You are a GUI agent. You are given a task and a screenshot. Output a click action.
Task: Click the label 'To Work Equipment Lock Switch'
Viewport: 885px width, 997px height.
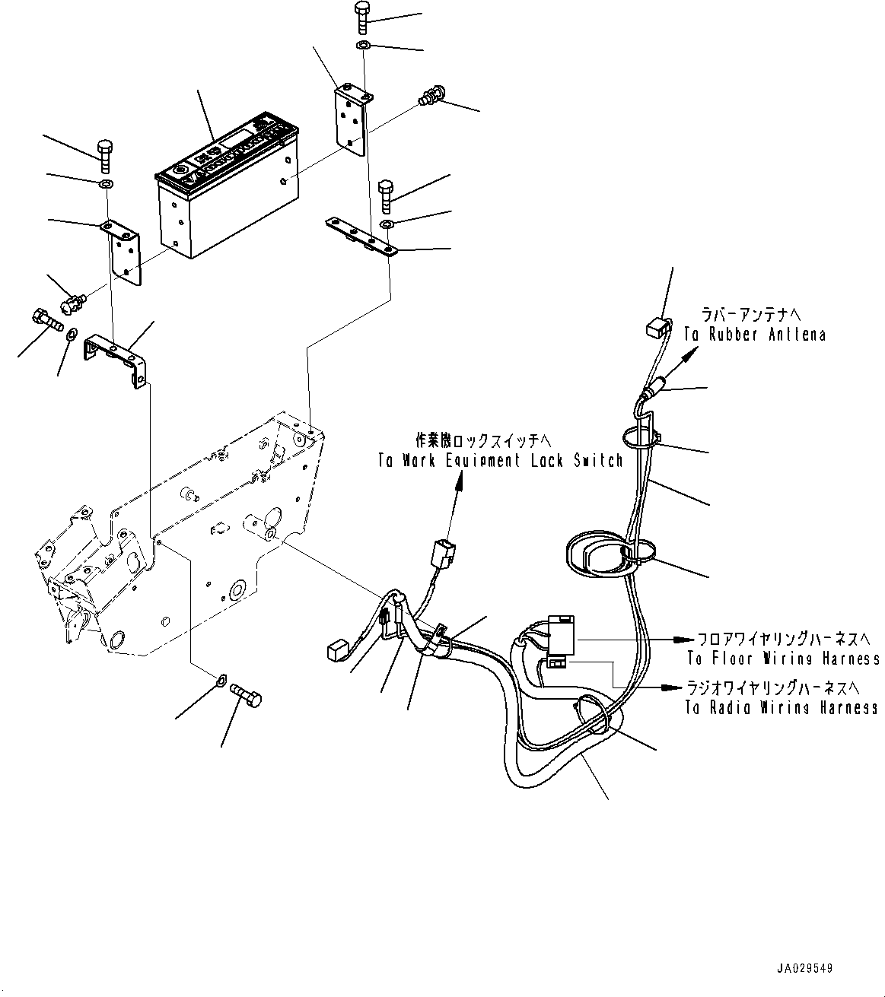click(500, 460)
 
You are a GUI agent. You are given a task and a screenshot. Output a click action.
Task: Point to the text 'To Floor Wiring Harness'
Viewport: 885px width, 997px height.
click(783, 659)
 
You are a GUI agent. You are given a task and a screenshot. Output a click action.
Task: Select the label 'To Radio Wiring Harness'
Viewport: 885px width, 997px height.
click(782, 707)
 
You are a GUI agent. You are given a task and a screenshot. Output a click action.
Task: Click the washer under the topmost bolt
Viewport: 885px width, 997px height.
click(363, 47)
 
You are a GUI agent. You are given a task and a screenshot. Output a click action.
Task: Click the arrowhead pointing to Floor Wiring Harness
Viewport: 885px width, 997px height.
click(686, 639)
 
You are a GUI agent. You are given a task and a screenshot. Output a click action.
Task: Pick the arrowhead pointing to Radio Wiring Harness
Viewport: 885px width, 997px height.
click(670, 687)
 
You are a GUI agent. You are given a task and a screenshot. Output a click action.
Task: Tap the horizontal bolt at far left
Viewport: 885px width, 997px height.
click(47, 317)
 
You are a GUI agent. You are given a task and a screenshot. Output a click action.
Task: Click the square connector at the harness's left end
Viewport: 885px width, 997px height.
click(336, 650)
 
